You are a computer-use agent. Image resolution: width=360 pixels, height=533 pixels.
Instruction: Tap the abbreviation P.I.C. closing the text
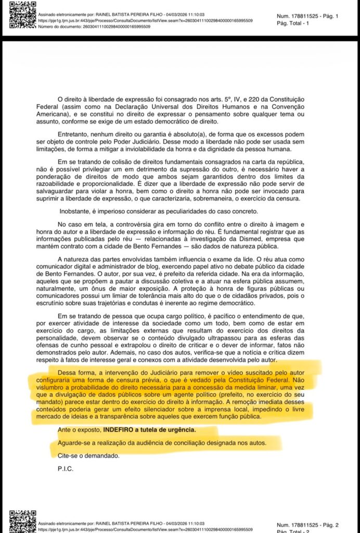coord(66,468)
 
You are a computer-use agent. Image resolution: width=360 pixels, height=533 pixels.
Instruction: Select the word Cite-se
coord(68,456)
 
